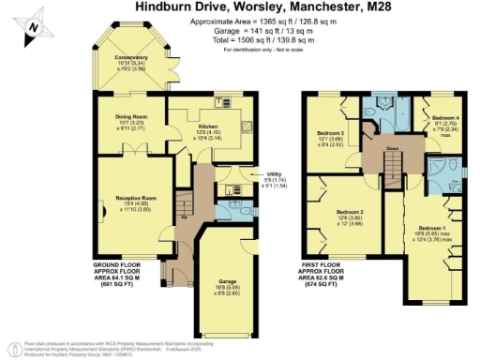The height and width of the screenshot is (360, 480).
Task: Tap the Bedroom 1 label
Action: pos(431,228)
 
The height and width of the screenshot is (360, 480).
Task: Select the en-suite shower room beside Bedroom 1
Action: pos(436,170)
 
